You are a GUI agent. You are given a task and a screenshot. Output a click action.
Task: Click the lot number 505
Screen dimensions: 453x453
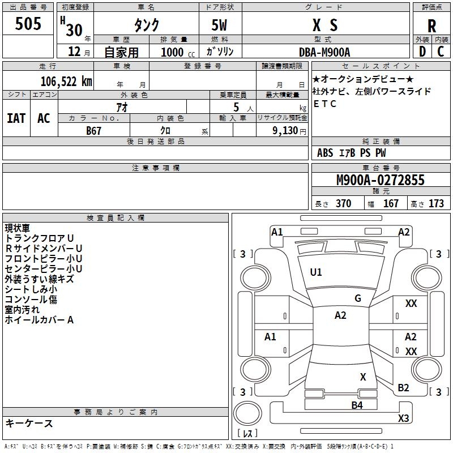28,24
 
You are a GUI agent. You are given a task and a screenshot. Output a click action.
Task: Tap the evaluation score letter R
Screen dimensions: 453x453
431,26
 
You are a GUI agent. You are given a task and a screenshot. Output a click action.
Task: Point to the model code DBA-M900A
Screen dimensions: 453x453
324,52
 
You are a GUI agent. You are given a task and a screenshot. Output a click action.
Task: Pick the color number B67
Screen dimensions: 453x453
93,130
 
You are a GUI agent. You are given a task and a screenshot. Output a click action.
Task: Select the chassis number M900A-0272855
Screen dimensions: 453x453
380,181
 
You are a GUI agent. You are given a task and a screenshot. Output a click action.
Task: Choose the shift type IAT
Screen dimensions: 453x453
16,118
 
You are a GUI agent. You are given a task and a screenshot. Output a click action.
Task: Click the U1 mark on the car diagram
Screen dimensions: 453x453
316,272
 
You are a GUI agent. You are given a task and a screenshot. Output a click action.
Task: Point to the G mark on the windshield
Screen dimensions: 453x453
358,298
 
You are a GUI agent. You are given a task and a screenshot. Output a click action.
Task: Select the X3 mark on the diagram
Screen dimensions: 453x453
403,418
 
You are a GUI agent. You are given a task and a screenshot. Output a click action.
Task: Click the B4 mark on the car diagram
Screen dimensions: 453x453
357,405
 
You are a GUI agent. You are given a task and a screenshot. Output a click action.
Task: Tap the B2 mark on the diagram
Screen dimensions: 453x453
403,388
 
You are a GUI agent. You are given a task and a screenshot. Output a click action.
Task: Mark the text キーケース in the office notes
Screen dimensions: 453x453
29,424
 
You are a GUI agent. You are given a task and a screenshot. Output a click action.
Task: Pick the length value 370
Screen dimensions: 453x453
343,204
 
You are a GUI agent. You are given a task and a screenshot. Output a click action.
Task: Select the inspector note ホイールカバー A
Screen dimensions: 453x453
39,320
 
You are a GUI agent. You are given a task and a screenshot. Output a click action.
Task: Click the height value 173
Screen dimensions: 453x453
436,204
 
